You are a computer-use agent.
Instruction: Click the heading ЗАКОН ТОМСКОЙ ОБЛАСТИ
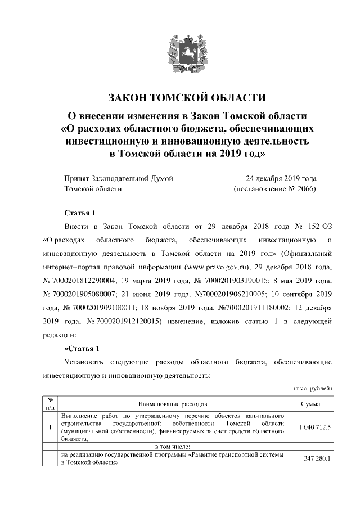[179, 97]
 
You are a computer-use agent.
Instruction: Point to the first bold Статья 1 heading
[81, 213]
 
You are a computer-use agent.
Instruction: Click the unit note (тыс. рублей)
[313, 389]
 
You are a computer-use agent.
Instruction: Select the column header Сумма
[311, 404]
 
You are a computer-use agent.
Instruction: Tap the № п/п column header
[50, 404]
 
